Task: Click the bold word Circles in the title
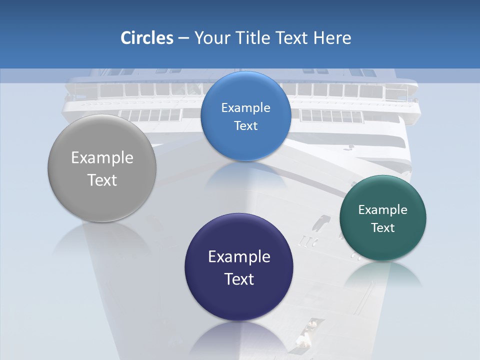point(146,38)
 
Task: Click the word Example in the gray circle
point(102,158)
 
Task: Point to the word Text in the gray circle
point(102,180)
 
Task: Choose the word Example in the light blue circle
point(245,108)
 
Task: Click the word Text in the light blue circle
point(245,126)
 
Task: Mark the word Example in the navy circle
point(239,257)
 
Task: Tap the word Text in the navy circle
point(239,279)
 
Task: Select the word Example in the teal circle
point(383,210)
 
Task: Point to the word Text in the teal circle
point(383,228)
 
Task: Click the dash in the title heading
point(183,38)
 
